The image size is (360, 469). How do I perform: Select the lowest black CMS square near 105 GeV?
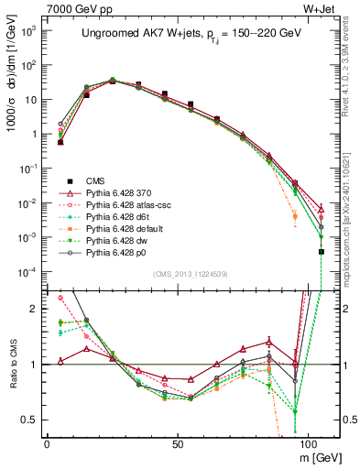[x=321, y=251]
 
